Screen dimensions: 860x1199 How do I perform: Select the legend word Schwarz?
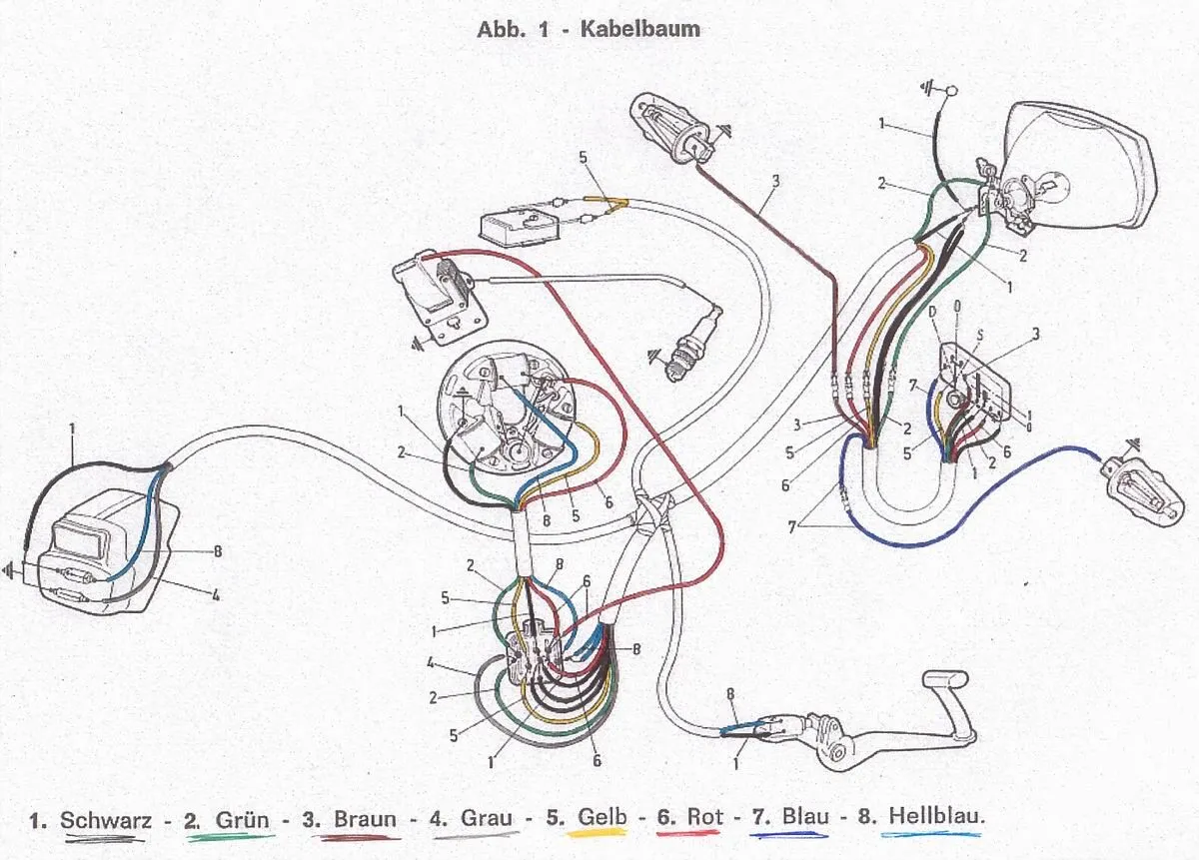click(106, 820)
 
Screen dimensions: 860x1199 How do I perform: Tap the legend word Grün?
click(243, 820)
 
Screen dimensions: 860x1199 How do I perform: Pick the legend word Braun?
click(365, 820)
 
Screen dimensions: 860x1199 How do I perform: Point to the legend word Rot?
click(704, 818)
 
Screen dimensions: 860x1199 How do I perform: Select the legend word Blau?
click(805, 818)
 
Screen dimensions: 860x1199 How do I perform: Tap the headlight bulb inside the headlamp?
click(1045, 186)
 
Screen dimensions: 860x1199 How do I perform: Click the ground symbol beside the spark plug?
click(655, 355)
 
